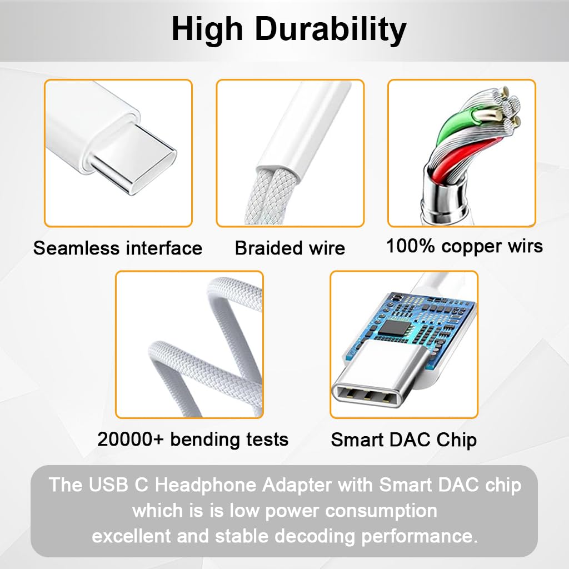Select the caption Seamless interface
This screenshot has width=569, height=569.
click(x=118, y=248)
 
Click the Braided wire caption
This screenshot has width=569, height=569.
click(x=290, y=248)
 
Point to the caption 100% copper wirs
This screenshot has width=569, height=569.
click(x=464, y=246)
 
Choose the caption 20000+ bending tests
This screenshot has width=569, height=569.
click(x=193, y=440)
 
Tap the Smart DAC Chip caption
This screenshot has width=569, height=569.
click(x=404, y=440)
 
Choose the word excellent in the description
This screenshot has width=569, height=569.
click(x=131, y=536)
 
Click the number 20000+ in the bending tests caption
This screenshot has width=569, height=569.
click(x=131, y=440)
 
